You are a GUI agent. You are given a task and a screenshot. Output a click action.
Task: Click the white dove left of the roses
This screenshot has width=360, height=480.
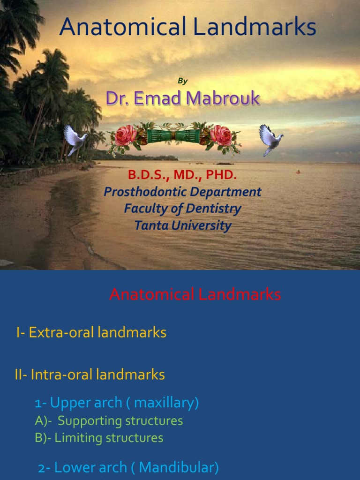coord(75,139)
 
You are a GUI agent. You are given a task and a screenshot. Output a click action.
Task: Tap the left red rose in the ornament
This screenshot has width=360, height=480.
coord(126,135)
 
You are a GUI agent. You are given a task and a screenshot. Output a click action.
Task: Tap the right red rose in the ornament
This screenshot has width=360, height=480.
coord(221,135)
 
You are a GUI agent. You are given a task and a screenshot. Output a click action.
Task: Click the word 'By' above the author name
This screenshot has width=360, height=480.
coord(182,81)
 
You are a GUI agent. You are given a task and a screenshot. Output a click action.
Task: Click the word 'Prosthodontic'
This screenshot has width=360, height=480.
coord(147,192)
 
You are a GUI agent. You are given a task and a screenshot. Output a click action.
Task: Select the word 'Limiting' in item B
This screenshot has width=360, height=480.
coord(79,438)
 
